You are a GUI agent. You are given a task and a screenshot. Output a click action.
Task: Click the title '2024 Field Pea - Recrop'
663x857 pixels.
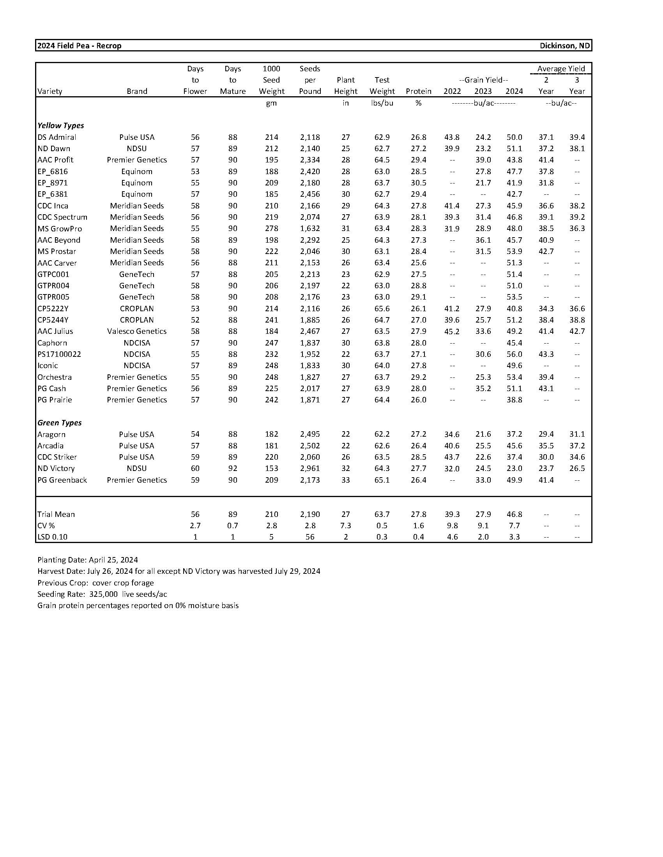pos(79,46)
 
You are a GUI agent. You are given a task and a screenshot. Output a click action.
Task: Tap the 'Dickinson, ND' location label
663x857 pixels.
pos(564,46)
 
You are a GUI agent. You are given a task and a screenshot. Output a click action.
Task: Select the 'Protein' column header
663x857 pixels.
pos(419,92)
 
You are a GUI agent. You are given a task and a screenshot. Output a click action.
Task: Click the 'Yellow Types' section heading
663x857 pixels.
pos(60,125)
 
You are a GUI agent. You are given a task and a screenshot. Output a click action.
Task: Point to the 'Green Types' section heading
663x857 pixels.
pos(59,423)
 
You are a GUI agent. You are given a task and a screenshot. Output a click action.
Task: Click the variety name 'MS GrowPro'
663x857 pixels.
pos(60,229)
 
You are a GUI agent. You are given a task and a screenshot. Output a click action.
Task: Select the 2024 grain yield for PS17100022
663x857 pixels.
pos(514,354)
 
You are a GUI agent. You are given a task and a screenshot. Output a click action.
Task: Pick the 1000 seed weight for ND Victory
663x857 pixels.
pos(271,469)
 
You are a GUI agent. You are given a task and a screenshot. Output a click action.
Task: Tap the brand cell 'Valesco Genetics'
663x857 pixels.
pos(136,332)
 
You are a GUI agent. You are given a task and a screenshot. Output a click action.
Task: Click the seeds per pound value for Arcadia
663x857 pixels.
pos(310,446)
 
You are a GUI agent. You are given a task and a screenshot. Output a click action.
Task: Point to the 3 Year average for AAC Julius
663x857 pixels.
pos(577,332)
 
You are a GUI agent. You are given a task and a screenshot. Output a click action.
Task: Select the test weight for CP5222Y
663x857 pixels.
pos(382,309)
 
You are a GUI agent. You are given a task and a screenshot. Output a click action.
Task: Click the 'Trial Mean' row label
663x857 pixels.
pos(56,515)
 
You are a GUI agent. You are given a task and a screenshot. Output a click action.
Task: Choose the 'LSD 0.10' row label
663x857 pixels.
pos(52,537)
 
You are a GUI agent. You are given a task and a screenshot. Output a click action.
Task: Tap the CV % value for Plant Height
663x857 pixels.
pos(345,526)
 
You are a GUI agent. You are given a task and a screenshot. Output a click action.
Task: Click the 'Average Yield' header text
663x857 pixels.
pos(561,69)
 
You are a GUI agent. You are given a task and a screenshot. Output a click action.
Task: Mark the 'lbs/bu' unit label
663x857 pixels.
pos(382,103)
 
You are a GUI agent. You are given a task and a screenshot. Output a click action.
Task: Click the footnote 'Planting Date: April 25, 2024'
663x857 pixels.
pos(88,560)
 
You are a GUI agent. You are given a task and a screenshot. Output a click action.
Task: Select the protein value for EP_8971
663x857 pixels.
pos(419,183)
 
